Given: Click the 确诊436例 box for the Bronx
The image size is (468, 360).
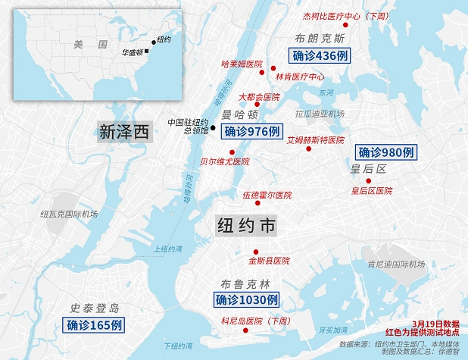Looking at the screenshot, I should coord(319,55).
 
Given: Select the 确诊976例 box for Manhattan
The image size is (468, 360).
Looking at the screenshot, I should coord(251,131).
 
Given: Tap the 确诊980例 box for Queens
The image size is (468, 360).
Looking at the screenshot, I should coord(386,151).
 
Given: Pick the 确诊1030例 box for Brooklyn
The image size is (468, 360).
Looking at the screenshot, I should coord(246,301).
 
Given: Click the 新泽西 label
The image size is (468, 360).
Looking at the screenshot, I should coord(123,132).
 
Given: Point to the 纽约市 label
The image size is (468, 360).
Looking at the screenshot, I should coord(247,226).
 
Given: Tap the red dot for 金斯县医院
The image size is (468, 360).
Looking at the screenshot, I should coord(256,252).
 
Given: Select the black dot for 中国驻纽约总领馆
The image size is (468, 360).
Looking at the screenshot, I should coord(213,127).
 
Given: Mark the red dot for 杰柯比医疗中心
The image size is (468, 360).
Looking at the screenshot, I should coord(345,26).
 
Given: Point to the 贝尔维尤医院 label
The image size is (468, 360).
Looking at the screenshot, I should coord(224,161).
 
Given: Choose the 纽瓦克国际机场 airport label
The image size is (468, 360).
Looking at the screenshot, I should coord(69,214).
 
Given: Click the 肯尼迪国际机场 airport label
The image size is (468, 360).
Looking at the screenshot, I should coord(395,265).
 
